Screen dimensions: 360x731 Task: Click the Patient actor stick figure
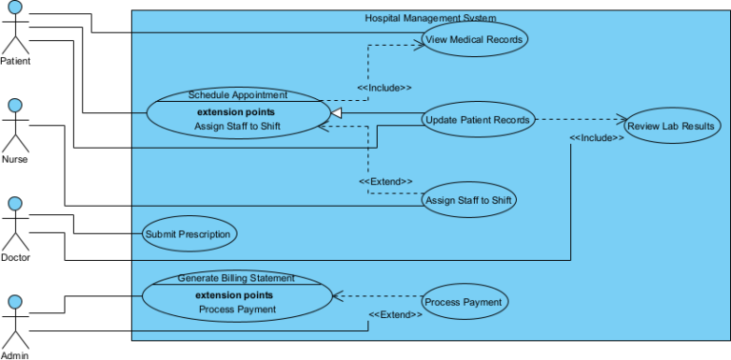(x=15, y=29)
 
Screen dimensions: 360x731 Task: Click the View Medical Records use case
(x=474, y=39)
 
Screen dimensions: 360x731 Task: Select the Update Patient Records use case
(x=478, y=119)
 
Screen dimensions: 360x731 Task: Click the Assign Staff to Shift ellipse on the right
(x=470, y=200)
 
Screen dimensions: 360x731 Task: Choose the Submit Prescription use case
(x=188, y=233)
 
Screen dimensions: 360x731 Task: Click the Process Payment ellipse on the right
(x=464, y=302)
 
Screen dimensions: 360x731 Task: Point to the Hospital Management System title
(x=430, y=18)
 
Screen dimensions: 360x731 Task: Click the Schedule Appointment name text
(x=238, y=95)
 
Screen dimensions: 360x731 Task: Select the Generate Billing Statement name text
(x=236, y=278)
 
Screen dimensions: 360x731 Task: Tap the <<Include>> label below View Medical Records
(x=385, y=88)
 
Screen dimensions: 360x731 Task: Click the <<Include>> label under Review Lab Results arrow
(x=597, y=138)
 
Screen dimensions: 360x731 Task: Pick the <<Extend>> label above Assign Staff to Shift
(x=385, y=181)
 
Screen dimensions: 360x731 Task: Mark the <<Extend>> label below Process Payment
(x=395, y=314)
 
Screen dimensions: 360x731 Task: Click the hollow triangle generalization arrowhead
(x=336, y=112)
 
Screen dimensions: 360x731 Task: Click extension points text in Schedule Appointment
(x=238, y=111)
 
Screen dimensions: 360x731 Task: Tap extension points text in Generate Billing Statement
(x=236, y=294)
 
